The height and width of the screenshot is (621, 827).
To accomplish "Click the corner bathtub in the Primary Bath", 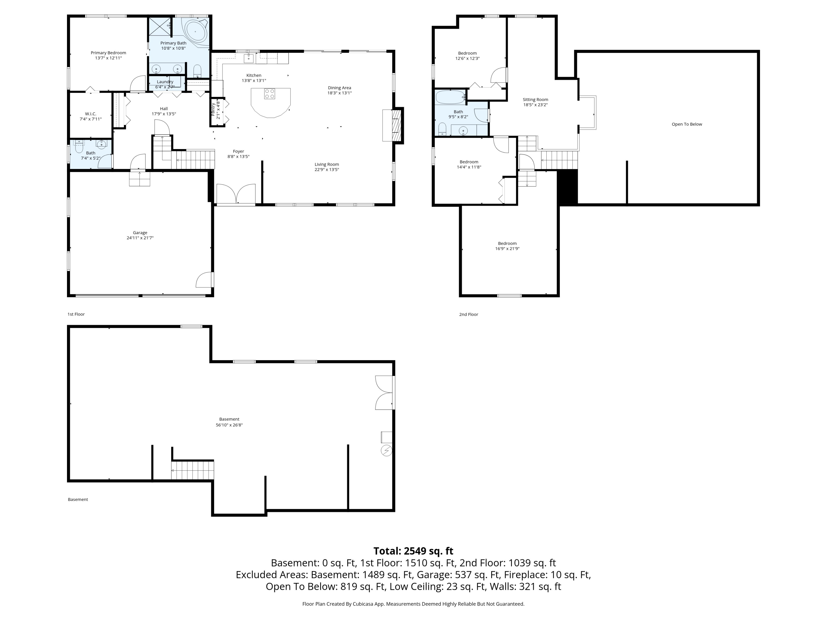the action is [x=195, y=32].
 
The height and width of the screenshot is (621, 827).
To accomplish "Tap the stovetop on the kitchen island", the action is [x=270, y=94].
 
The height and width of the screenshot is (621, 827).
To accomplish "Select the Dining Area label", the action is [x=339, y=90].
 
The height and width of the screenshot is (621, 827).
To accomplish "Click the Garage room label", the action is [x=140, y=235].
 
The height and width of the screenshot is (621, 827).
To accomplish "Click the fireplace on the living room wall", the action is [x=393, y=125].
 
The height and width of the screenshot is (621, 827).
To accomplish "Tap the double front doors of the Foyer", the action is [x=236, y=195].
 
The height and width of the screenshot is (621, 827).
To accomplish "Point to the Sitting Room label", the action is [x=535, y=102].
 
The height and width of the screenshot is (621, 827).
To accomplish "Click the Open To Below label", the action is [x=687, y=124].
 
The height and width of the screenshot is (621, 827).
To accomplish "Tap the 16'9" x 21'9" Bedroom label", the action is [x=507, y=246].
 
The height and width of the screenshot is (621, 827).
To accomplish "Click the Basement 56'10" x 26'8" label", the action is [x=229, y=422].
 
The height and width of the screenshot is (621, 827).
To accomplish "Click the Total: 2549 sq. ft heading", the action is [x=413, y=551].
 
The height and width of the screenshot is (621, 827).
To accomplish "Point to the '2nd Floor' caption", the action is [x=468, y=314].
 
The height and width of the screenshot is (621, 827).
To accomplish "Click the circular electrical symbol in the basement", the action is [x=386, y=450].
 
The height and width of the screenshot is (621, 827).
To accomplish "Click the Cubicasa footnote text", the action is [x=413, y=604].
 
